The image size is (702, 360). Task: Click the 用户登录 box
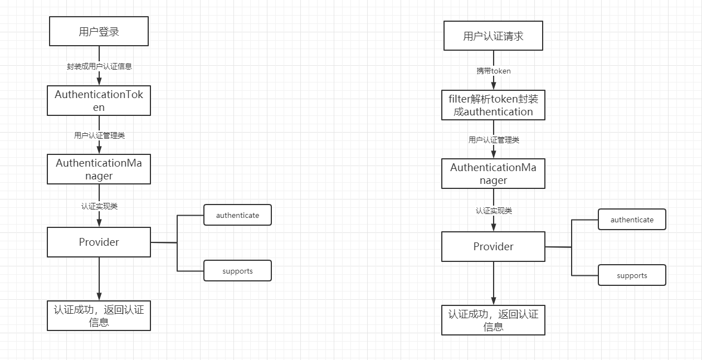point(99,31)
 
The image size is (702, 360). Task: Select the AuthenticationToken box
point(99,101)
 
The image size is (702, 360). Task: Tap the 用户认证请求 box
point(493,36)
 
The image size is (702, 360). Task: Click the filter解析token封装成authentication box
point(493,105)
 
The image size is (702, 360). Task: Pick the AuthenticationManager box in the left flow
point(99,169)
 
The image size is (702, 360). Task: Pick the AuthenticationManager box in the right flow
point(493,174)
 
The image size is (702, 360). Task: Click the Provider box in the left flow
point(99,242)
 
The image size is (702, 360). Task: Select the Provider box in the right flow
point(493,246)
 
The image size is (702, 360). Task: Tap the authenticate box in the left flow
point(237,215)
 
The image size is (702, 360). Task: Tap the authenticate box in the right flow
point(632,220)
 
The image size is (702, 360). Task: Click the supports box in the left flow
point(237,271)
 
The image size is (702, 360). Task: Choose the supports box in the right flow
point(632,275)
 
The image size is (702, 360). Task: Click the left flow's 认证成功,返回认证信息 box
point(99,315)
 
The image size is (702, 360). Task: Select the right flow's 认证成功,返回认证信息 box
point(493,320)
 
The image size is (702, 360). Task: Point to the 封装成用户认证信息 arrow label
point(99,66)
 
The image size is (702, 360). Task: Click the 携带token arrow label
point(493,71)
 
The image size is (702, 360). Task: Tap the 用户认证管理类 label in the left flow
point(99,135)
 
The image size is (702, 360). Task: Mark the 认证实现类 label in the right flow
point(494,211)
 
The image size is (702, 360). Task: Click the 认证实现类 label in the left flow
point(99,206)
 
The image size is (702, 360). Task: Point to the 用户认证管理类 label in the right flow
point(494,140)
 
